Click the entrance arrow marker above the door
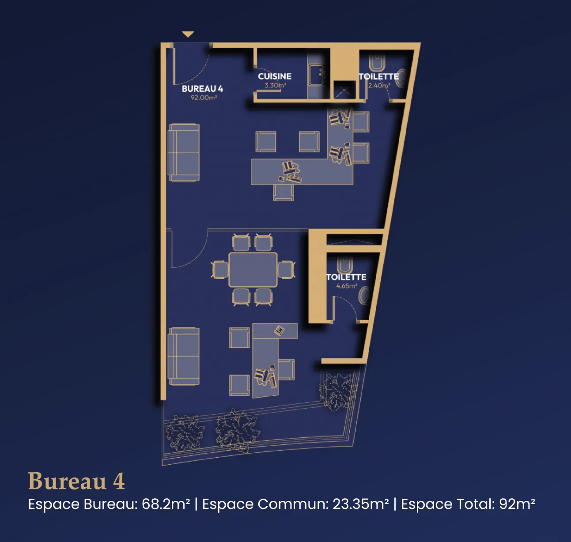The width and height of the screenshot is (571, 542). (188, 34)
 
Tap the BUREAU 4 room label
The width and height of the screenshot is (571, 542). (202, 89)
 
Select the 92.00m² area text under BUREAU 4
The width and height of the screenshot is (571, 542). (204, 98)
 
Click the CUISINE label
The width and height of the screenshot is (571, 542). (275, 76)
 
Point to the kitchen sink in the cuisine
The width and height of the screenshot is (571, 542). (317, 75)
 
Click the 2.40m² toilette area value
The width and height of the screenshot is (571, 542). (379, 85)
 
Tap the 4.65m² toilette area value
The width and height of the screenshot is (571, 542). (347, 286)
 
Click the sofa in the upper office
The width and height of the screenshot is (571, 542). (184, 152)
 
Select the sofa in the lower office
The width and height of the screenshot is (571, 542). (184, 356)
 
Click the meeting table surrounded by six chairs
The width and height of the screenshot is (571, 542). (253, 270)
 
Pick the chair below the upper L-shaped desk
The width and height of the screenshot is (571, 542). (284, 193)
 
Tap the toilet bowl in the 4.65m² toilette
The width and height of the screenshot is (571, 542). (344, 265)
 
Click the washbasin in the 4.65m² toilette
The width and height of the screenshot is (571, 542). (364, 296)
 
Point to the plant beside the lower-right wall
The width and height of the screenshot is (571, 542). (338, 391)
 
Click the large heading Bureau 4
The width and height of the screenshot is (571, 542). (76, 481)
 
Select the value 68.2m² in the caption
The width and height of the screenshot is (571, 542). (166, 504)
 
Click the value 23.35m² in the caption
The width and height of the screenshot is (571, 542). (360, 504)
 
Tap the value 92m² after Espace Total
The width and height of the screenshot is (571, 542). (517, 504)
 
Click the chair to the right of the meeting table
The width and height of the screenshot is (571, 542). (286, 270)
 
